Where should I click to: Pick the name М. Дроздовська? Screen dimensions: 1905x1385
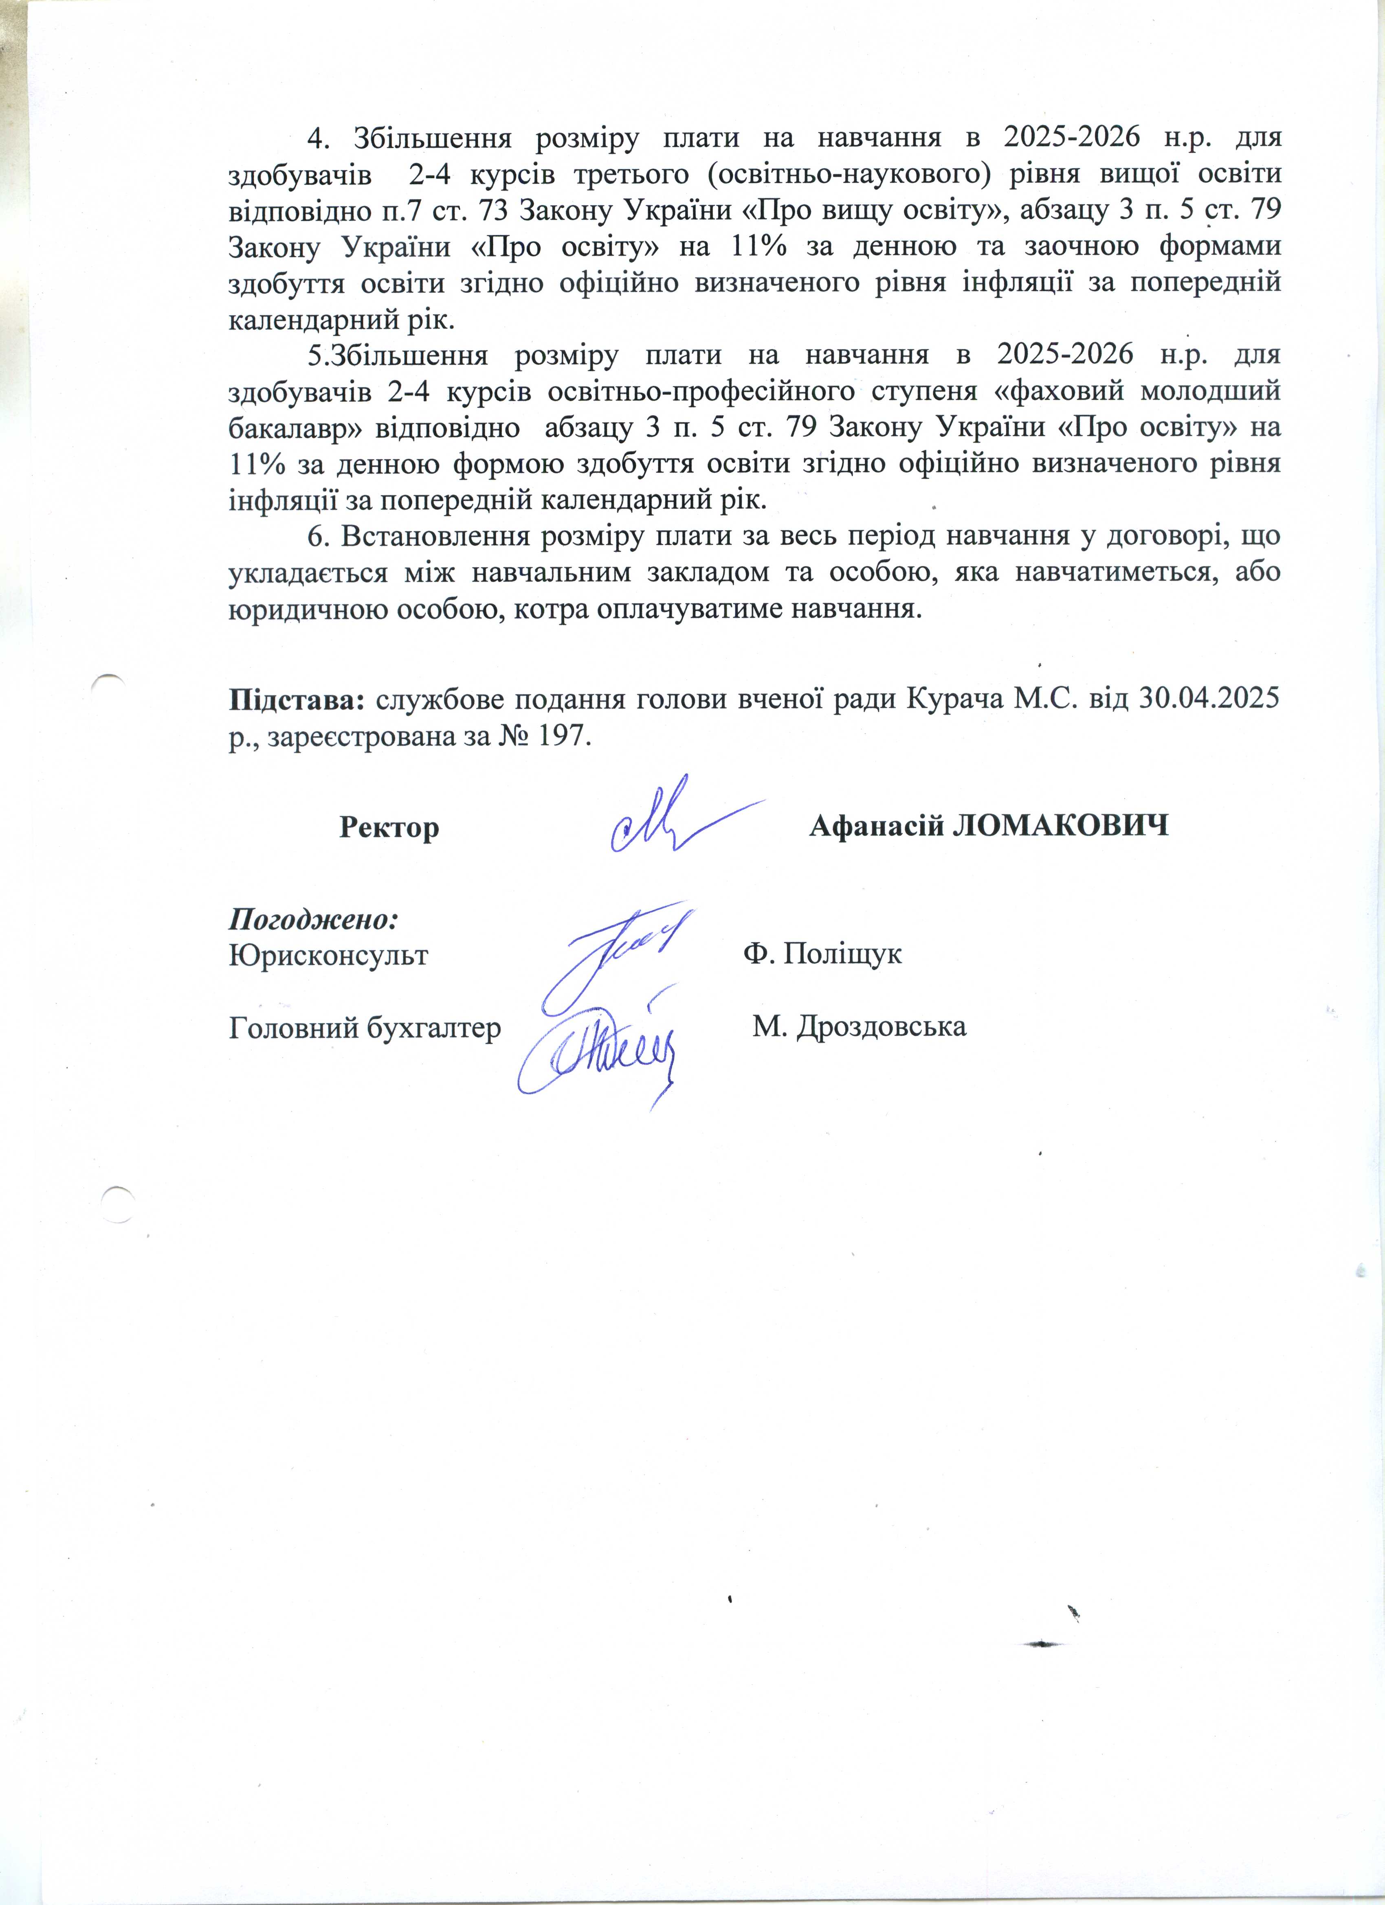point(859,1026)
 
